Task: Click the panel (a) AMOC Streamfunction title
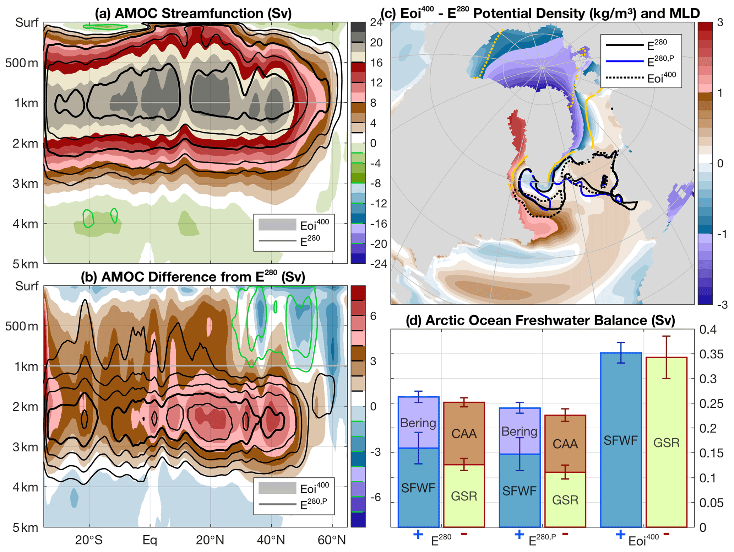coord(193,14)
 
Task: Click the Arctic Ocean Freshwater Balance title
coord(540,320)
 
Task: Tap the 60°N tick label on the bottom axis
coord(331,540)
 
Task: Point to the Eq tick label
coord(149,540)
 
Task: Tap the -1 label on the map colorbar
coord(720,234)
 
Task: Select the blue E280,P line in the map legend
coord(625,61)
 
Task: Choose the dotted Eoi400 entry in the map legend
coord(625,77)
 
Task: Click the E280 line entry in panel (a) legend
coord(277,241)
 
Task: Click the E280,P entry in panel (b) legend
coord(277,504)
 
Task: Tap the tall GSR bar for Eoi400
coord(666,442)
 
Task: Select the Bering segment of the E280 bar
coord(418,423)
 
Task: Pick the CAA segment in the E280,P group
coord(565,444)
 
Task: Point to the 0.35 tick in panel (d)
coord(711,354)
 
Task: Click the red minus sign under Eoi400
coord(666,534)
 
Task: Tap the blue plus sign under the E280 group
coord(418,534)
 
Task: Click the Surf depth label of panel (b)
coord(27,286)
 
